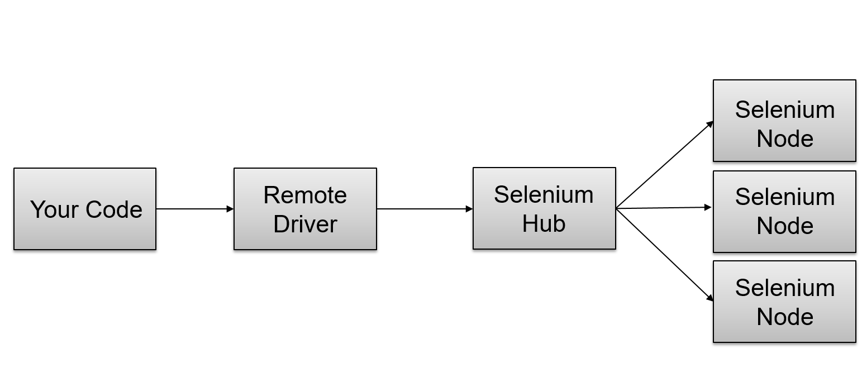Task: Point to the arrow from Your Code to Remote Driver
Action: coord(194,209)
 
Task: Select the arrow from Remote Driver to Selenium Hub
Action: coord(425,209)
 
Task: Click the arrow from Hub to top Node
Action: coord(665,165)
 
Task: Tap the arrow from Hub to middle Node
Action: coord(664,208)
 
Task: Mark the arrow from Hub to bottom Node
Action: coord(665,255)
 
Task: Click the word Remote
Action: coord(305,195)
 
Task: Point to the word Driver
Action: coord(305,224)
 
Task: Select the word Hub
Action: coord(544,223)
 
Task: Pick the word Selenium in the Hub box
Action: coord(544,194)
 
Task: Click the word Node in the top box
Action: coord(784,139)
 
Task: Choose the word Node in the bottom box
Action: coord(784,317)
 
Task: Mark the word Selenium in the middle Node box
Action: coord(784,197)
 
